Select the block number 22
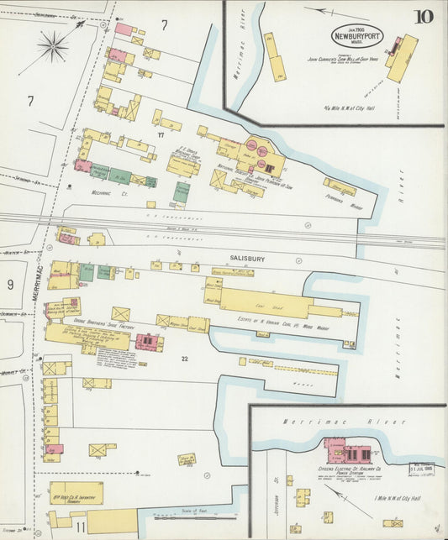[x=182, y=359]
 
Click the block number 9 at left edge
[x=10, y=285]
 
